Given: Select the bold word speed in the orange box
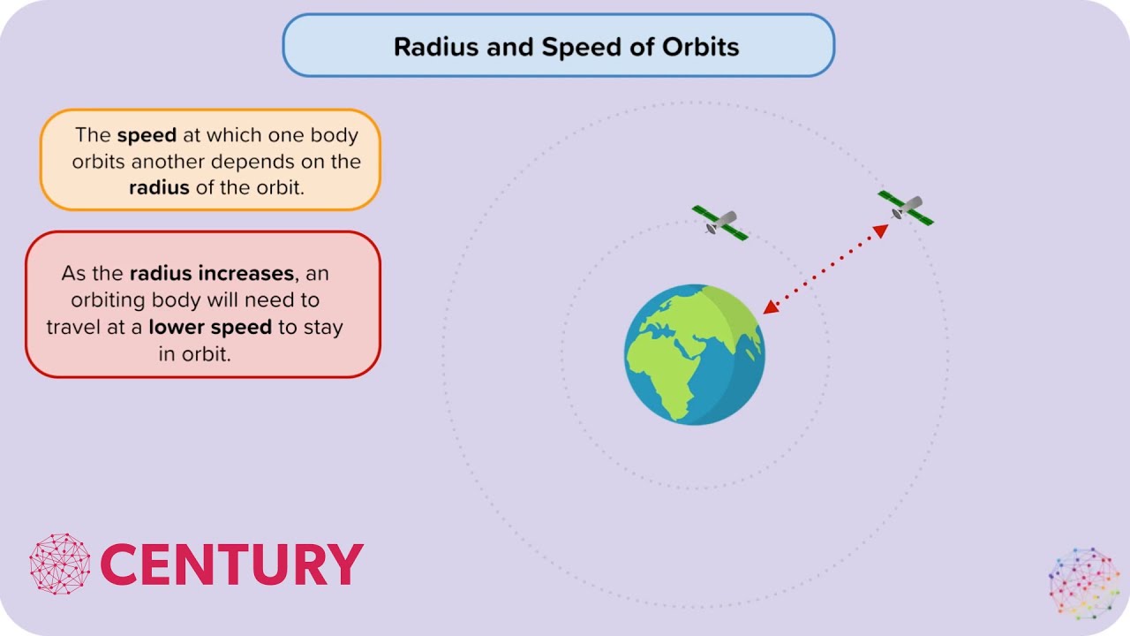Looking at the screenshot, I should pos(147,135).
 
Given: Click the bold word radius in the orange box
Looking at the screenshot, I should pos(159,187).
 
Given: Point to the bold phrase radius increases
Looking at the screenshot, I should pos(211,274).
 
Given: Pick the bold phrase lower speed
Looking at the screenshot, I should pos(210,327).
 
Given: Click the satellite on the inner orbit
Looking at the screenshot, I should pos(719,223).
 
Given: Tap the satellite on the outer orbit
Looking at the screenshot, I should pos(905,208).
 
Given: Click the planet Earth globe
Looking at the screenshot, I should pos(695,354).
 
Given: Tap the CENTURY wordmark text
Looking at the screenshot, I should pos(231,564).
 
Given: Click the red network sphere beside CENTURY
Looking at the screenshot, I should pos(60,563).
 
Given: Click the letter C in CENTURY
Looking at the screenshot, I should pos(121,564).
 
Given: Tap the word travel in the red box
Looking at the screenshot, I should pos(74,327).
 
